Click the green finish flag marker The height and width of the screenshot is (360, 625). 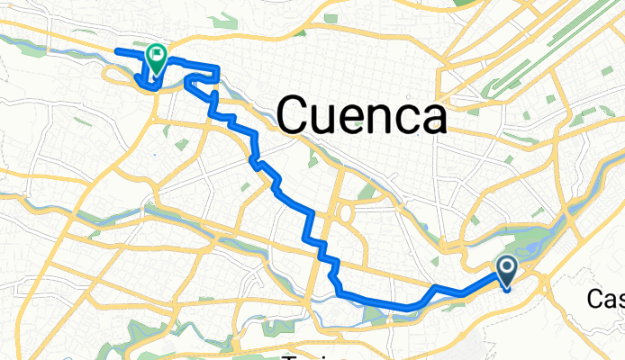click(156, 59)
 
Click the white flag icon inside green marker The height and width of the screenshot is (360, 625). click(157, 57)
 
